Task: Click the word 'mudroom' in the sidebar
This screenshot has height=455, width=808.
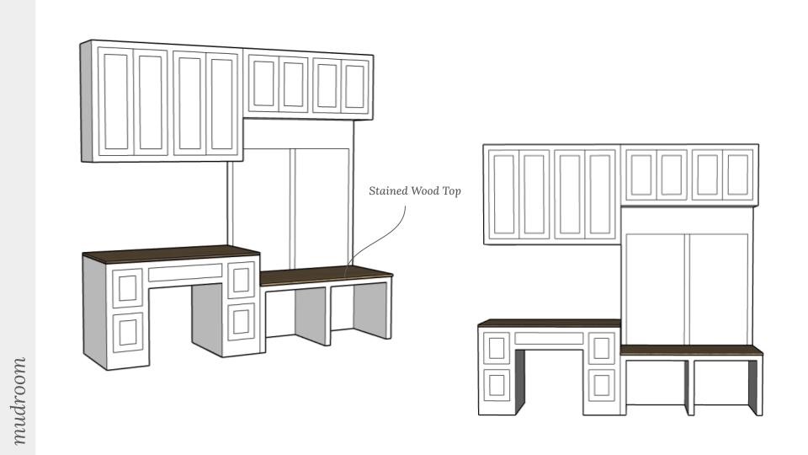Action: [x=19, y=400]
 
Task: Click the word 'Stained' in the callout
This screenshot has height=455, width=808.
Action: [x=388, y=191]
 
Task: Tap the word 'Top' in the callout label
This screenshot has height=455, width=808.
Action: [x=452, y=191]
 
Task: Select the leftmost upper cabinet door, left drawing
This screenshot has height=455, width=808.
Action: [x=116, y=103]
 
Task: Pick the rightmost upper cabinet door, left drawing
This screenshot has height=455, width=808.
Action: [x=355, y=87]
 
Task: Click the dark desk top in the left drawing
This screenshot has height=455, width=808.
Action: [x=168, y=252]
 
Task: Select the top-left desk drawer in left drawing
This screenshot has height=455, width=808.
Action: [x=128, y=287]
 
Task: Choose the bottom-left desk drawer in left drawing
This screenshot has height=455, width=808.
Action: [x=129, y=330]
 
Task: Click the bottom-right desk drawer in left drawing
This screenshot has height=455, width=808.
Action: [x=241, y=321]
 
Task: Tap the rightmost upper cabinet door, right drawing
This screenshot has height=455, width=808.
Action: [x=737, y=174]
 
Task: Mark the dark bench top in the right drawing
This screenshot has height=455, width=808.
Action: [x=690, y=350]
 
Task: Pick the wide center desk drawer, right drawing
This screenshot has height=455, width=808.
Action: [x=549, y=339]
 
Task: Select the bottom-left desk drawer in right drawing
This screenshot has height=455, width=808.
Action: [x=496, y=384]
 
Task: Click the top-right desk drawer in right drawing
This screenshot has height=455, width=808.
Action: [x=602, y=346]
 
